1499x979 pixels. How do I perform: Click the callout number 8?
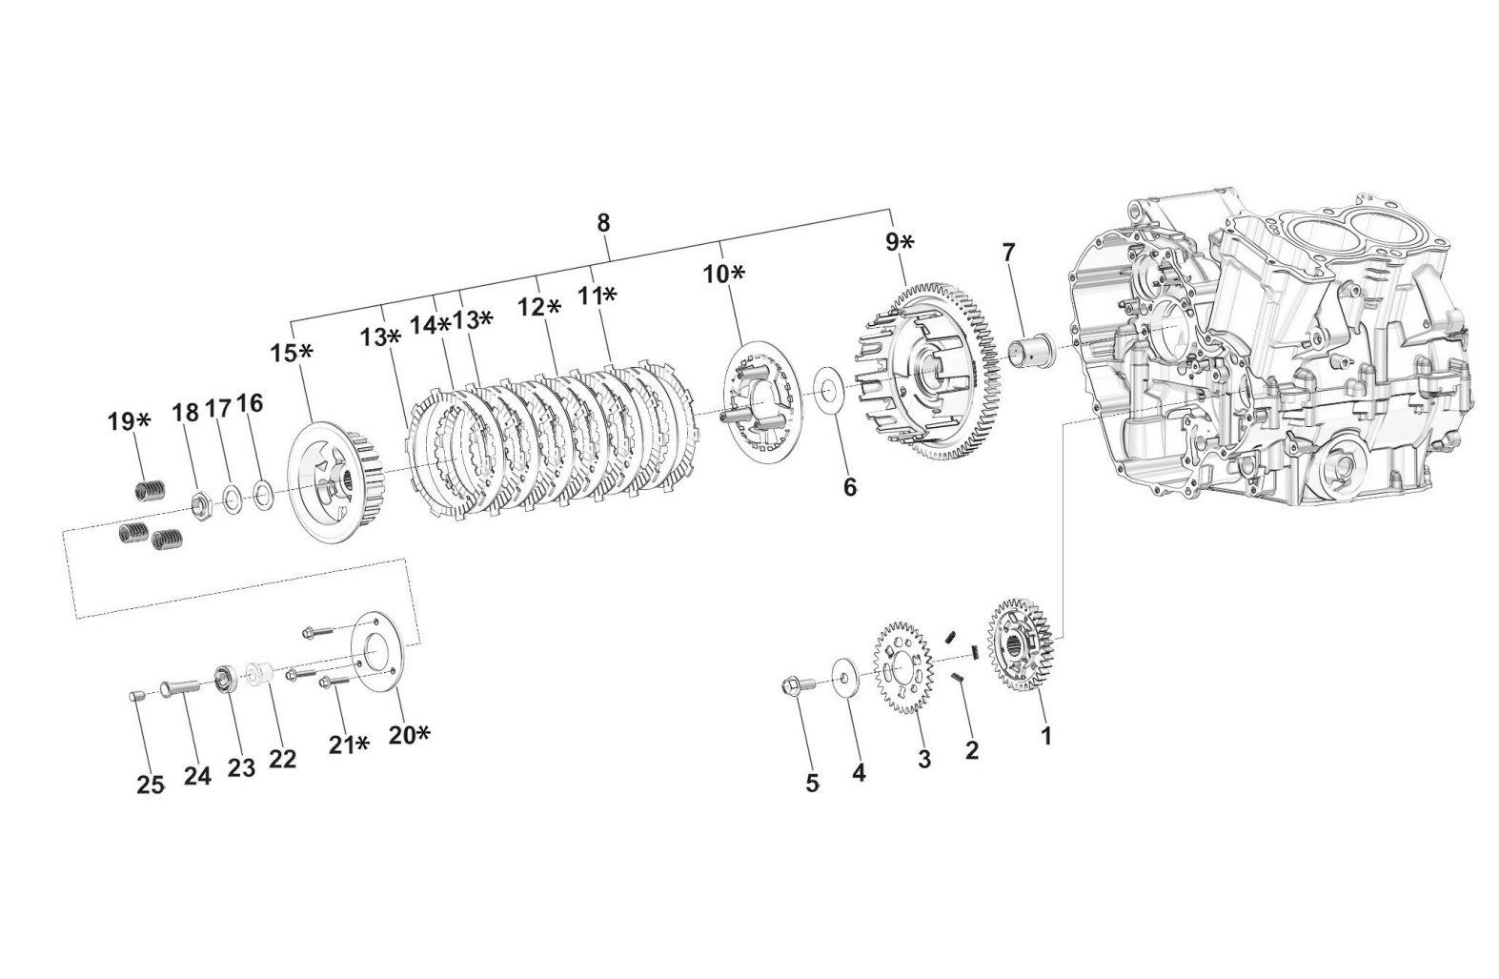point(603,223)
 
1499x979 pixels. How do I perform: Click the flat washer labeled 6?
point(830,391)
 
